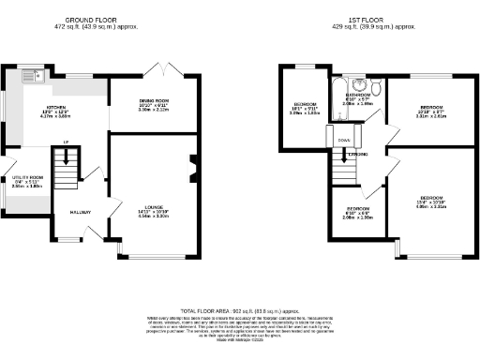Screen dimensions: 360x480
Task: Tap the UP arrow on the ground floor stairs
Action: [65, 142]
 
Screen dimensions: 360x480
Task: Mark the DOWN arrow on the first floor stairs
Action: [345, 141]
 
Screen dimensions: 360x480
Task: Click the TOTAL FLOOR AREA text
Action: [239, 309]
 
